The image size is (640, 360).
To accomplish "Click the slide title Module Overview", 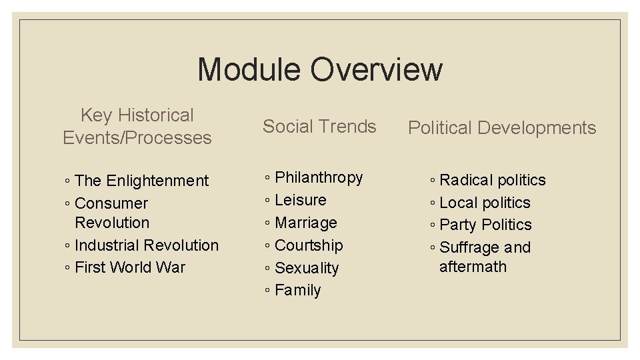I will pyautogui.click(x=319, y=69).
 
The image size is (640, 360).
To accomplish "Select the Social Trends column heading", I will pyautogui.click(x=319, y=127).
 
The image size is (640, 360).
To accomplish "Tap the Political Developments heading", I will pyautogui.click(x=502, y=128).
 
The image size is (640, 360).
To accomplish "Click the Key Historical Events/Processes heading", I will pyautogui.click(x=137, y=127).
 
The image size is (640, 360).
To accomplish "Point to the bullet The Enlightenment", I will pyautogui.click(x=141, y=181).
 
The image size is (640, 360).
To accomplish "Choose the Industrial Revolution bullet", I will pyautogui.click(x=147, y=245).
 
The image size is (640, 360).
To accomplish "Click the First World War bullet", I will pyautogui.click(x=130, y=267).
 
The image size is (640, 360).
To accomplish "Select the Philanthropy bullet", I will pyautogui.click(x=319, y=177).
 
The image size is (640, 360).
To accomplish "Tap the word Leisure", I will pyautogui.click(x=301, y=200).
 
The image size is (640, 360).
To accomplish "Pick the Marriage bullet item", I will pyautogui.click(x=306, y=223).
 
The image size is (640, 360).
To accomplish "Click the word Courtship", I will pyautogui.click(x=309, y=245).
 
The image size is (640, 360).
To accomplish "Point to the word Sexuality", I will pyautogui.click(x=307, y=268).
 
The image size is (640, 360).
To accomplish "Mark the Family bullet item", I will pyautogui.click(x=298, y=291).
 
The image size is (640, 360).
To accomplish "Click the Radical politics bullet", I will pyautogui.click(x=493, y=180).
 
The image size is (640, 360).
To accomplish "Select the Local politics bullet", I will pyautogui.click(x=485, y=203).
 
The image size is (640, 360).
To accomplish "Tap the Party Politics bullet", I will pyautogui.click(x=486, y=225).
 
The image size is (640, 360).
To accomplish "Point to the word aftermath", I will pyautogui.click(x=473, y=267).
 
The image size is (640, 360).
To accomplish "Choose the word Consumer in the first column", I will pyautogui.click(x=111, y=203).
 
